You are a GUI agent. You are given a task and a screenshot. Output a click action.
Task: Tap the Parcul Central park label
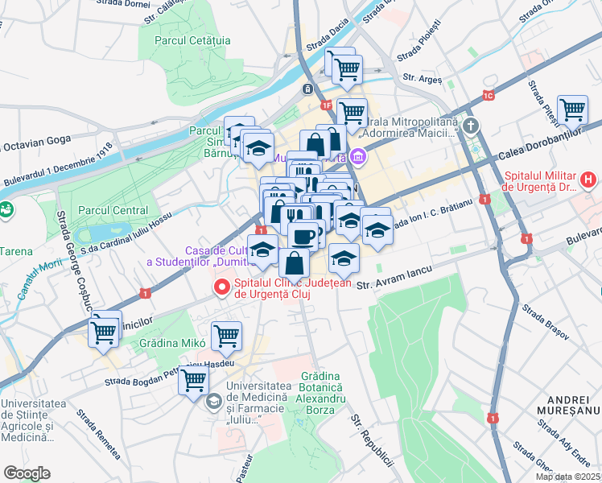[x=113, y=210]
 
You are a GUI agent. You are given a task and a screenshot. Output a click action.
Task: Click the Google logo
[x=27, y=473]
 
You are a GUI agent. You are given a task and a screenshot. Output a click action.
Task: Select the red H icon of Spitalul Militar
[x=589, y=178]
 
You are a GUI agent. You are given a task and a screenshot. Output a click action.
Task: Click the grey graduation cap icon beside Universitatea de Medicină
[x=214, y=400]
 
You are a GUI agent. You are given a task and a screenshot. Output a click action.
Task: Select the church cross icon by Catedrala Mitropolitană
[x=470, y=126]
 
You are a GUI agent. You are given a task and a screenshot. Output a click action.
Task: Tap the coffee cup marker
[x=303, y=237]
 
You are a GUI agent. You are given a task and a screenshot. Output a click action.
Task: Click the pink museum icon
[x=358, y=155]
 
